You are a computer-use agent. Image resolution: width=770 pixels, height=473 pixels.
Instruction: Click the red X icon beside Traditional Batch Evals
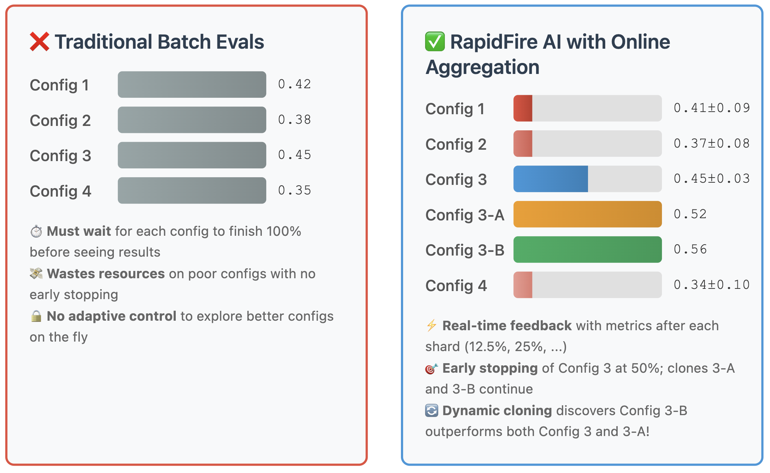[39, 42]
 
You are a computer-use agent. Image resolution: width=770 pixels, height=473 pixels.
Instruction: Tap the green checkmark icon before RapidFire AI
[435, 42]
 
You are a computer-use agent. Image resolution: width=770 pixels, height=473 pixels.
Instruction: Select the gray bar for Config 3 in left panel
[192, 155]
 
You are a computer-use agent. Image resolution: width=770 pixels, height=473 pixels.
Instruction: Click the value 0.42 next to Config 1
[294, 84]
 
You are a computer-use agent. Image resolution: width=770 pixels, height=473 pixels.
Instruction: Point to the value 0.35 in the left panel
[294, 190]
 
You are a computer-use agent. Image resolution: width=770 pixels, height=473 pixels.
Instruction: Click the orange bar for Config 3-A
[587, 214]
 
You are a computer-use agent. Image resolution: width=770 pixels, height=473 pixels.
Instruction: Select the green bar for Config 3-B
[587, 250]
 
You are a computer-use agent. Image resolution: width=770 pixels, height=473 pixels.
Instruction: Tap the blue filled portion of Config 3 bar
[550, 179]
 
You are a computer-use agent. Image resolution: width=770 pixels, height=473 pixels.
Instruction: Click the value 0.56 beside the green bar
[690, 249]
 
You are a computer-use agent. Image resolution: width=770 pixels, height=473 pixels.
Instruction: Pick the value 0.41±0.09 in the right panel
[711, 108]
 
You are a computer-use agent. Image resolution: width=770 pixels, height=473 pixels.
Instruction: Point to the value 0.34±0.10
[711, 285]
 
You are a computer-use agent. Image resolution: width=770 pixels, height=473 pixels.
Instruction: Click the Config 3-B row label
[465, 250]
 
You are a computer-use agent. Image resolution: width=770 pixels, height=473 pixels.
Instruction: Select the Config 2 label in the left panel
[60, 121]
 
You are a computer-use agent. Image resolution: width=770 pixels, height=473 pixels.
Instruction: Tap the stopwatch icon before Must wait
[36, 231]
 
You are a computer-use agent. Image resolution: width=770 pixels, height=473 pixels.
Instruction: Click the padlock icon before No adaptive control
[36, 316]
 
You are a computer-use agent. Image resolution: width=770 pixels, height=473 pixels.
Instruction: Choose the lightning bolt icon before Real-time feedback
[432, 325]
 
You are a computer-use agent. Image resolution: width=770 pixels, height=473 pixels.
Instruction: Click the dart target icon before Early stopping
[431, 369]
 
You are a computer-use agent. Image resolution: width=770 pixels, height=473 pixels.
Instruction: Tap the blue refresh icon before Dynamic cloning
[432, 411]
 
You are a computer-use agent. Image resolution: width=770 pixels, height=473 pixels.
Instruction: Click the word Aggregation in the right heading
[482, 67]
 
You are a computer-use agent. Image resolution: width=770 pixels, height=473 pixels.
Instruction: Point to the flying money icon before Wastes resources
[36, 273]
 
